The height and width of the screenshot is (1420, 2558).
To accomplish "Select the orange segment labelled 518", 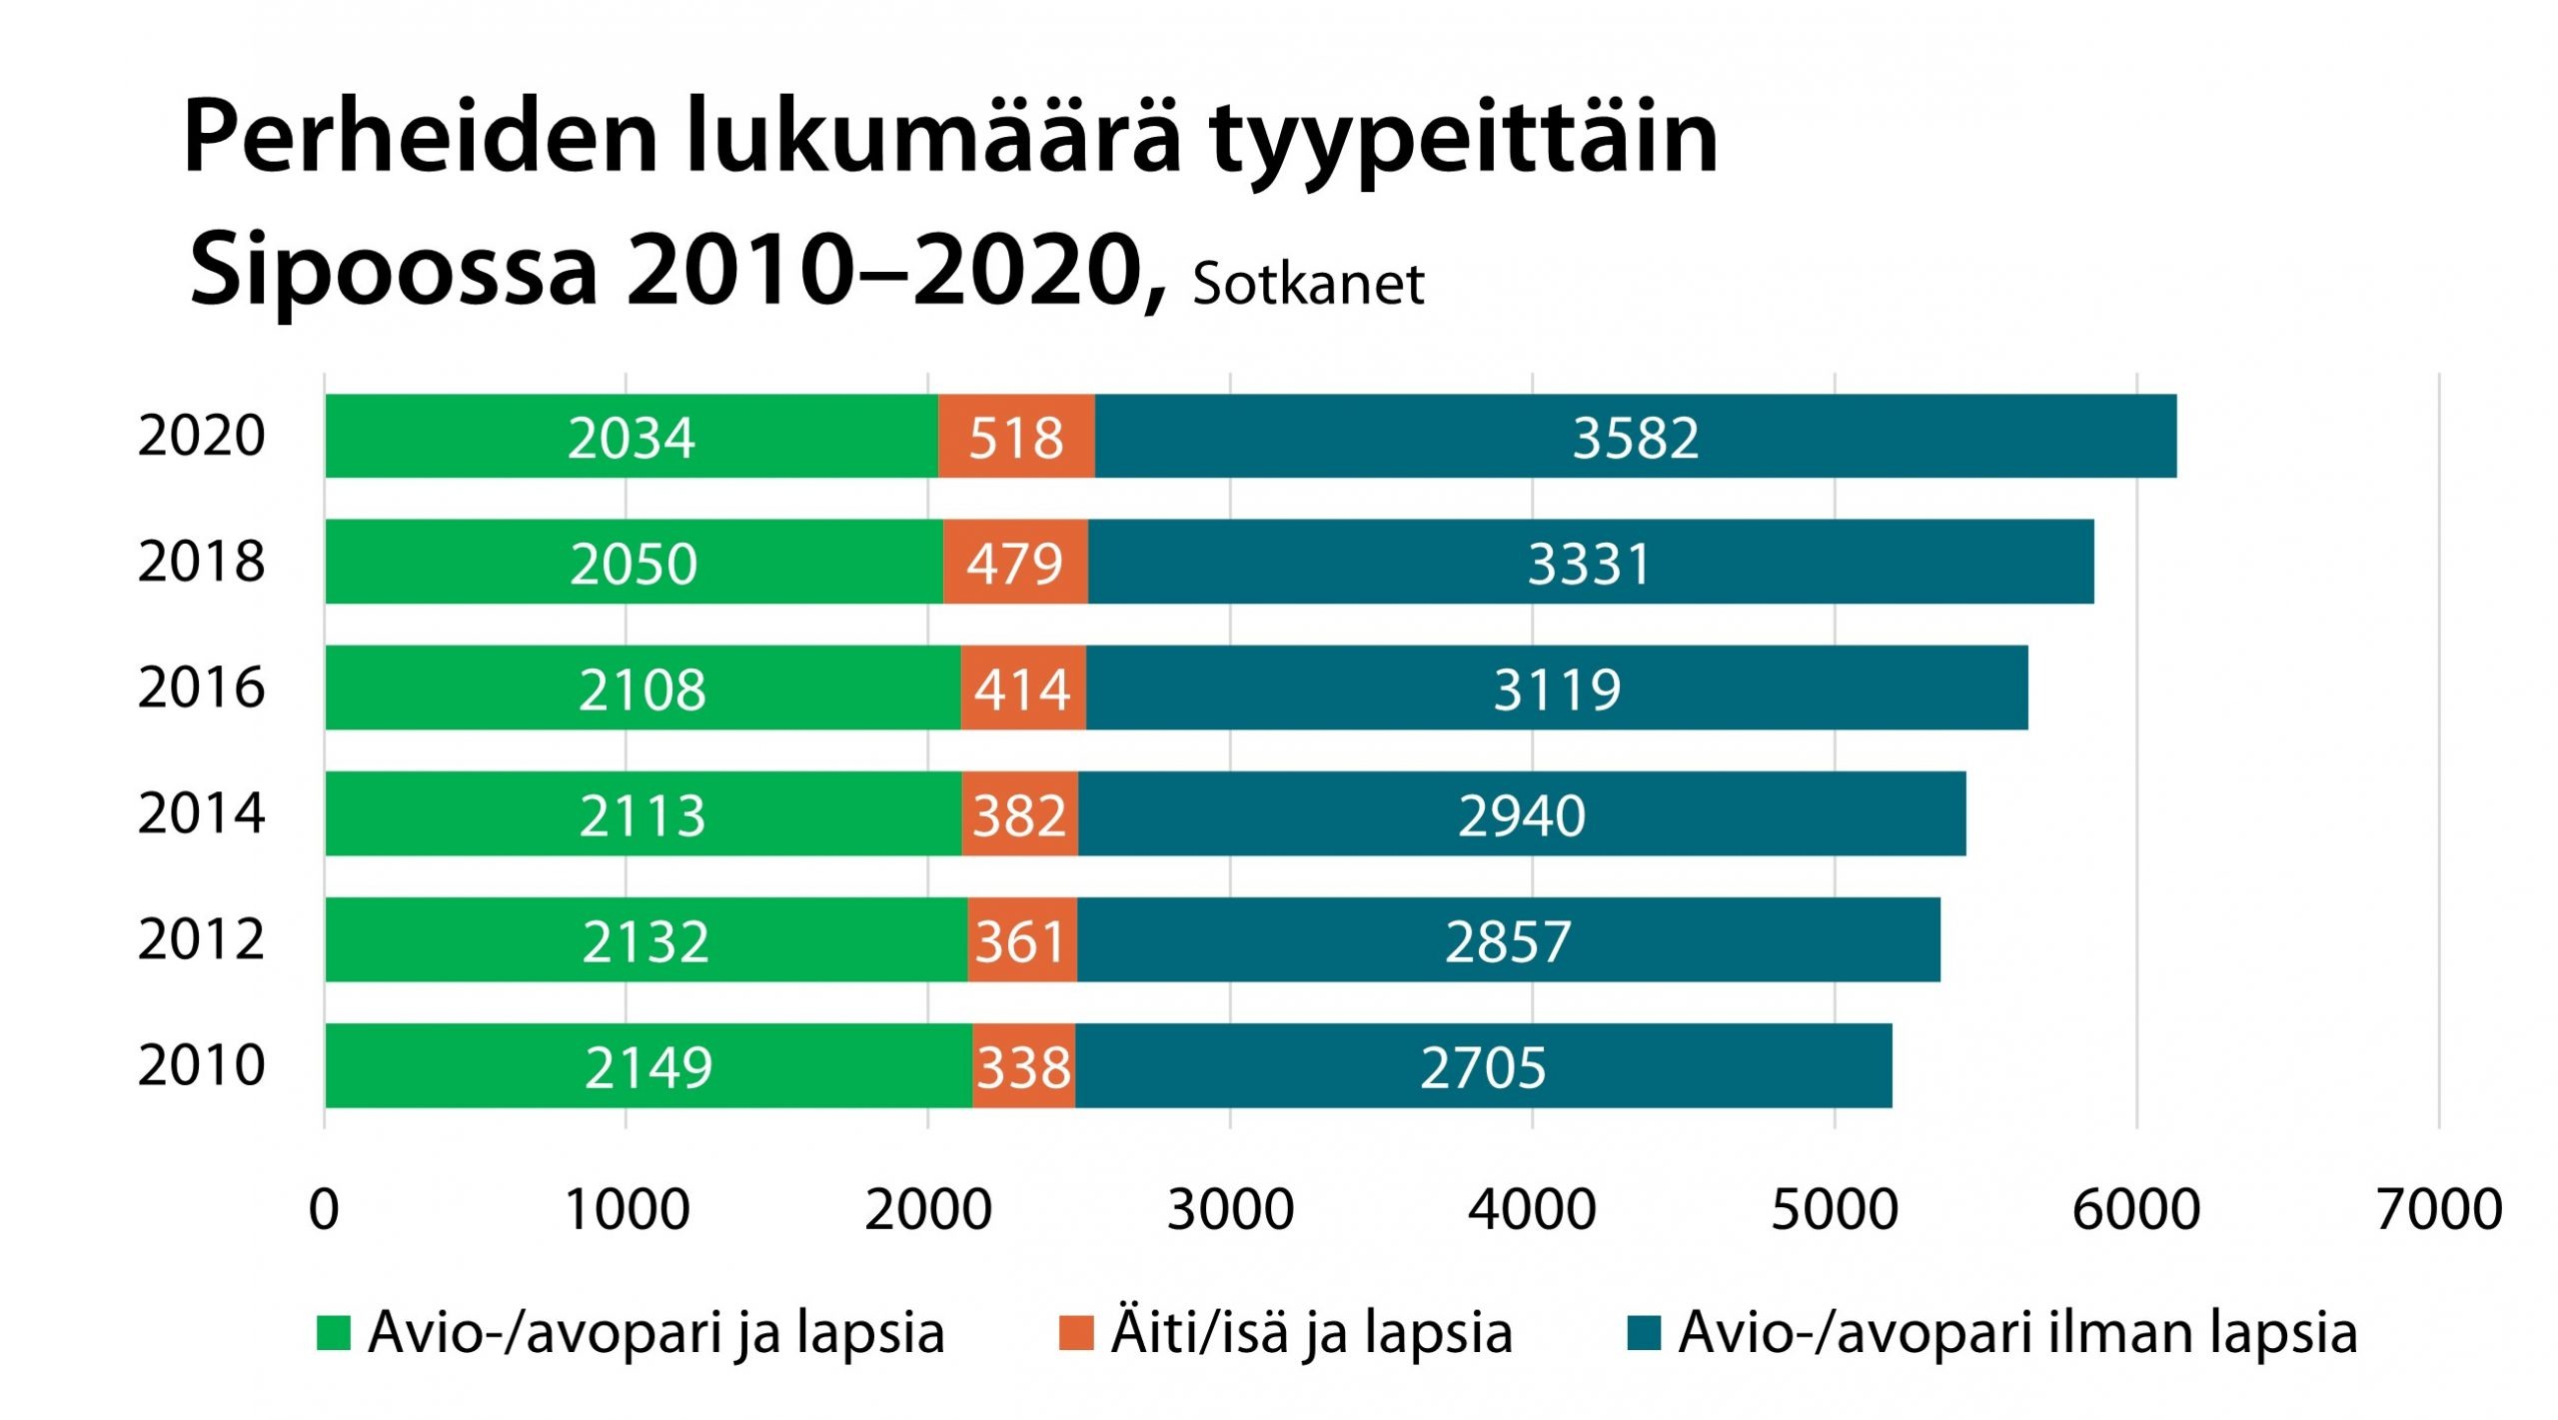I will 1016,437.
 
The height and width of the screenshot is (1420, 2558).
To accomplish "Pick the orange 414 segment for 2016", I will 1023,688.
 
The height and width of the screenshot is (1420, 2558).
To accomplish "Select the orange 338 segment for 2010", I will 1023,1065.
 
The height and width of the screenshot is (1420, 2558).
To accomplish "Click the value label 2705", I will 1483,1067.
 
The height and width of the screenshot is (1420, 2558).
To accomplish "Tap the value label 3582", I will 1635,438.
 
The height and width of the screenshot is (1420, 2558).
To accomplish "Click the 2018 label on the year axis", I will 201,562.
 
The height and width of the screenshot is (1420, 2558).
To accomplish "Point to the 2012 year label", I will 201,939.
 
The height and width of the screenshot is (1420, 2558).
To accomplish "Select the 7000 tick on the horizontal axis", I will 2438,1209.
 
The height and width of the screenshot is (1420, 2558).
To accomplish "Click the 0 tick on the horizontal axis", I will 324,1209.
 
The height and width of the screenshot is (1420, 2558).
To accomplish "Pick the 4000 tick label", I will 1531,1209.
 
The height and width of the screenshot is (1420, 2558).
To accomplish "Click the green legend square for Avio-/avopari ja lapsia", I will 333,1333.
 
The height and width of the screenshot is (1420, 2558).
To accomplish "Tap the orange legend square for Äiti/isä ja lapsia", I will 1075,1333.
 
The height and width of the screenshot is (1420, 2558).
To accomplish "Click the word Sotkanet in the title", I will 1307,284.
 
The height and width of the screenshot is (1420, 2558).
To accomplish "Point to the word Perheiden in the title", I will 420,138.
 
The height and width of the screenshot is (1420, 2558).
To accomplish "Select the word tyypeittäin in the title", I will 1463,138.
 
